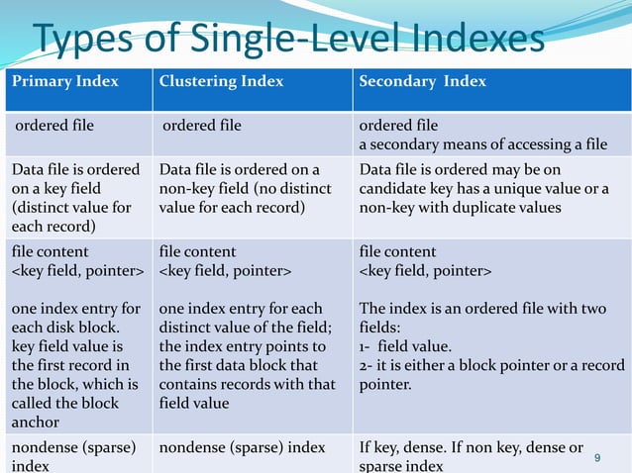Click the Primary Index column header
[x=65, y=81]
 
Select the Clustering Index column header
[x=221, y=81]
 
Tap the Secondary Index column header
[x=422, y=81]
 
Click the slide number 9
[x=596, y=457]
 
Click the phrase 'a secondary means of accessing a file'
[x=482, y=144]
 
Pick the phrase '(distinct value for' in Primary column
[x=71, y=207]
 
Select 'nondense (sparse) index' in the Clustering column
[x=242, y=448]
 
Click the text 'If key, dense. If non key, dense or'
[x=472, y=448]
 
